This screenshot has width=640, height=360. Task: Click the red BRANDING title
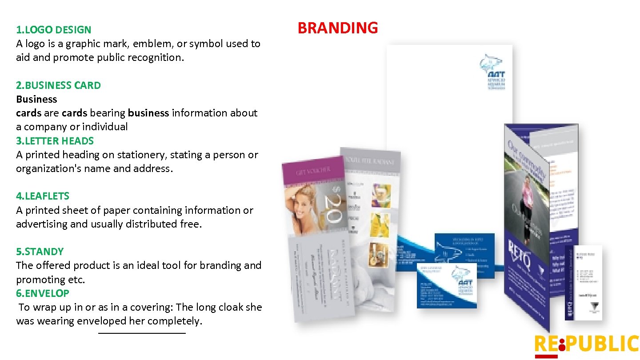[x=337, y=28]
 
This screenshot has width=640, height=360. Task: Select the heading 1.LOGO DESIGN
[x=53, y=30]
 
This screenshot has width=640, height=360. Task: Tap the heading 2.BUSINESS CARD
[x=58, y=85]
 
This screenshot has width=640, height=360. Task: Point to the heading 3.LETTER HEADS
[x=55, y=141]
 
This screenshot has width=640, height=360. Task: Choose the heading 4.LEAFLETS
[x=43, y=196]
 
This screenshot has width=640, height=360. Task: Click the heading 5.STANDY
[x=40, y=252]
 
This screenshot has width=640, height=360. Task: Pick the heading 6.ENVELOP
[x=43, y=293]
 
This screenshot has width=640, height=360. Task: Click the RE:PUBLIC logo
[x=586, y=345]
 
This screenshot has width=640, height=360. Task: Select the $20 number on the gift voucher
[x=335, y=204]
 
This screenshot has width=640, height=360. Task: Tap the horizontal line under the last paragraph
[x=142, y=333]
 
